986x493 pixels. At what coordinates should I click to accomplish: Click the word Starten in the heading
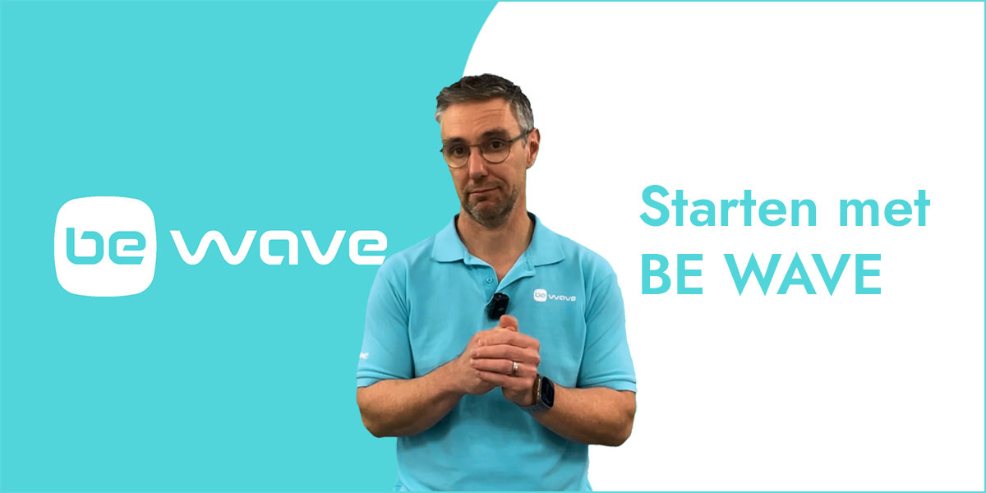point(729,207)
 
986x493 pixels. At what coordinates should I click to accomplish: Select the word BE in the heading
point(672,274)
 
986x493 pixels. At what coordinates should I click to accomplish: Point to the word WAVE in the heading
point(804,274)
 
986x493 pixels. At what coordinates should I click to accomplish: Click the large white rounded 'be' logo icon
point(105,246)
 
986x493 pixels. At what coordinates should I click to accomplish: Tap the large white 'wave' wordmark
point(279,246)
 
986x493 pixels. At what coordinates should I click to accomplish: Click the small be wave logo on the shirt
point(554,295)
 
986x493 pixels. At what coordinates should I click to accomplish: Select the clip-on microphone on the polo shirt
point(498,306)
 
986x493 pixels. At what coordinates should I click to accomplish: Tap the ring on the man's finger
point(514,368)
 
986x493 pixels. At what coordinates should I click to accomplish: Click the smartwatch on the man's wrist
point(543,393)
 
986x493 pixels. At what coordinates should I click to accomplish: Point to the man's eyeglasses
point(484,150)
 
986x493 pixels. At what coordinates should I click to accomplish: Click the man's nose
point(478,168)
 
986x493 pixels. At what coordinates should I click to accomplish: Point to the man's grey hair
point(484,97)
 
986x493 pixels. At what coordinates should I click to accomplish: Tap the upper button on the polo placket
point(489,280)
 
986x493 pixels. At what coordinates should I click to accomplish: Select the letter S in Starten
point(655,206)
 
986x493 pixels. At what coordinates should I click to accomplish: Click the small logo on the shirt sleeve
point(363,355)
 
